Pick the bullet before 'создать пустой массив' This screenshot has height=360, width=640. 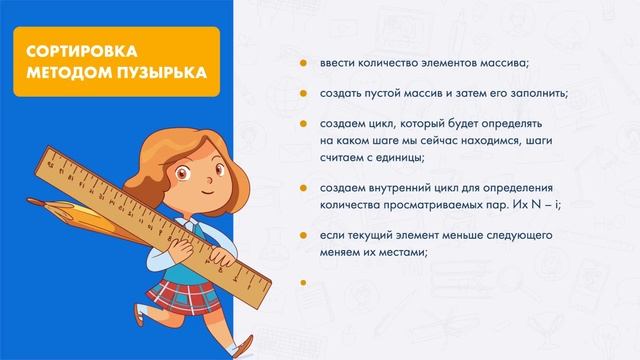[302, 94]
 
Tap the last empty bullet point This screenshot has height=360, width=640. [302, 283]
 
